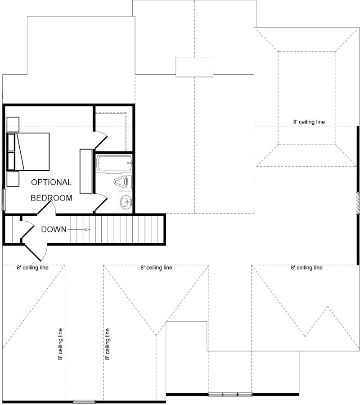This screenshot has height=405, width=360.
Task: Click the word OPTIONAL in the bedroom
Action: [51, 182]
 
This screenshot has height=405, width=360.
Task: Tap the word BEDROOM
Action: [51, 198]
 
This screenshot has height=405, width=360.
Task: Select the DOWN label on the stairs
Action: [54, 229]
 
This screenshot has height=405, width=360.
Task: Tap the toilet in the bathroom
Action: [121, 182]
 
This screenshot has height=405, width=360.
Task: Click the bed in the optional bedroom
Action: [28, 151]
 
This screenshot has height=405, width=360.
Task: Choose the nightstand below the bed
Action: [13, 178]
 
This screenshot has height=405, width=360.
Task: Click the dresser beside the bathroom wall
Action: [86, 171]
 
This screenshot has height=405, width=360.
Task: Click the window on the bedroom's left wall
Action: [4, 200]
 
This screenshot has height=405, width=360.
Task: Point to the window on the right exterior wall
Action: [358, 203]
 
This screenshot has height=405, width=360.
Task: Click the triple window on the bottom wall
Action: [230, 395]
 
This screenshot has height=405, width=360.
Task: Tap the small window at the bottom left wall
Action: [84, 401]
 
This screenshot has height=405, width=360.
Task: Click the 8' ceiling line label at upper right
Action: [309, 122]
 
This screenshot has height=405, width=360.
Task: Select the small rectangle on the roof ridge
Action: [194, 67]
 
